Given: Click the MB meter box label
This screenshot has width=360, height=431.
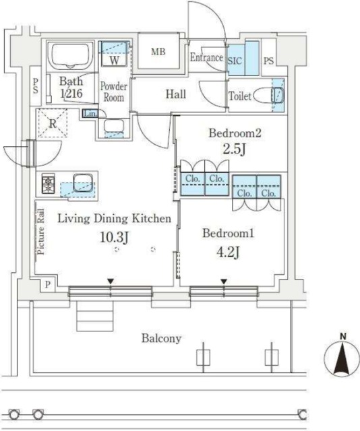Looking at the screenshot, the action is click(158, 52).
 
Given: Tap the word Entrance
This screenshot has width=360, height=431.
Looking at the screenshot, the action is click(206, 57).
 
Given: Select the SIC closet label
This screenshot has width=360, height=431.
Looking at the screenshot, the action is click(235, 61).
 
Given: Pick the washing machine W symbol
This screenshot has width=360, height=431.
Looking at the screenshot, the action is click(115, 54).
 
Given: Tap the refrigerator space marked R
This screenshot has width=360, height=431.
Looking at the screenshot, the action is click(53, 123).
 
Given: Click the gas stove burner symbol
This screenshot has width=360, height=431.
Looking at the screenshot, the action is click(49, 183).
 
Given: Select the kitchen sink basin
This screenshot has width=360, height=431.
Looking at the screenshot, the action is click(82, 183).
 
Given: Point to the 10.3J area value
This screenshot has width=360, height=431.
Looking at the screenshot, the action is click(114, 237).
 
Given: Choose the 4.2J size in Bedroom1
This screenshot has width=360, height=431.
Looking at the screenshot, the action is click(228, 253).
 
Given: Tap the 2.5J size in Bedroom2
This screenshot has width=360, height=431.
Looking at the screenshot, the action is click(235, 150).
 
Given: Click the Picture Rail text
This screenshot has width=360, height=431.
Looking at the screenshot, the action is click(40, 232).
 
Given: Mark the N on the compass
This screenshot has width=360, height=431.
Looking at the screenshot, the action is click(342, 337).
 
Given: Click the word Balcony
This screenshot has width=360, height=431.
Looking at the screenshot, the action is click(162, 338).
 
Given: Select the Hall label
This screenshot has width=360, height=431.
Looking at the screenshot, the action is click(175, 94).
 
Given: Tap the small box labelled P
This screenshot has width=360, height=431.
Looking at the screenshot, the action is click(48, 285).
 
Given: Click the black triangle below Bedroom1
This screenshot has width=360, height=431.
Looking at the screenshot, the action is click(224, 281).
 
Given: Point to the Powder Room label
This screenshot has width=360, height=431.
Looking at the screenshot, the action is click(114, 92).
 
